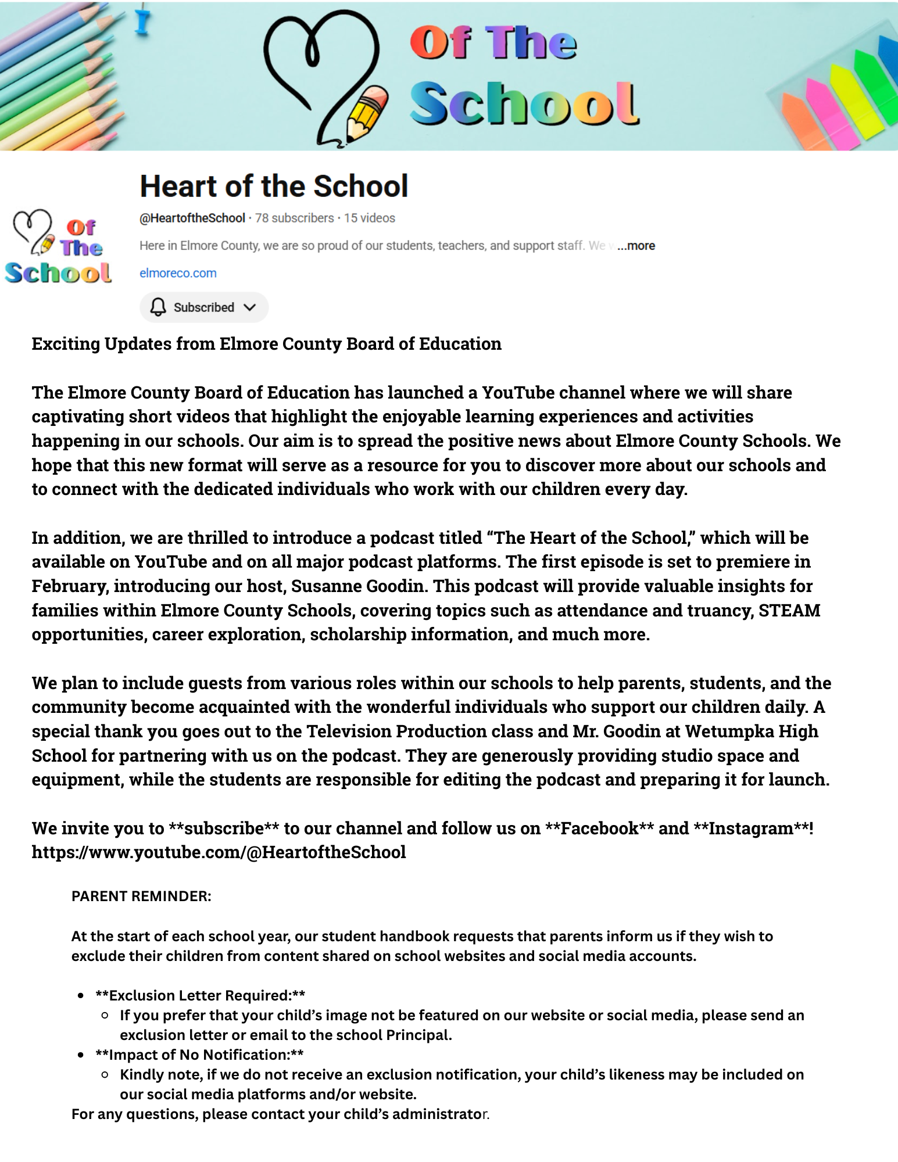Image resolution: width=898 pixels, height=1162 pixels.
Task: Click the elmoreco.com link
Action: (178, 273)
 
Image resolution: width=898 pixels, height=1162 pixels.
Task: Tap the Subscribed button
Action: (203, 307)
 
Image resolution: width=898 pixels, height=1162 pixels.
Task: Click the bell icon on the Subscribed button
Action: (158, 307)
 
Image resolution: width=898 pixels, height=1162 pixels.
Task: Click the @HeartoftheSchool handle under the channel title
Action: (192, 218)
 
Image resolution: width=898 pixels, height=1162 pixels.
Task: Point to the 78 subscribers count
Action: (294, 218)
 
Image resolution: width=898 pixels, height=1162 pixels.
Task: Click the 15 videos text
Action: (369, 218)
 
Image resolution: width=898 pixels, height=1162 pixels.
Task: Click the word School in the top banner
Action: (523, 103)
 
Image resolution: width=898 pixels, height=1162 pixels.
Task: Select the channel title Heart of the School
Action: (274, 186)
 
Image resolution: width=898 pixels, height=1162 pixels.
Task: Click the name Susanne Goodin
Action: (357, 586)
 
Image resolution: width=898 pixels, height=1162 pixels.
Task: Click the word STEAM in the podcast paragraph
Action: (789, 610)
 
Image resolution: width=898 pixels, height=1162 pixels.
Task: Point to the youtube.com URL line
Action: (219, 852)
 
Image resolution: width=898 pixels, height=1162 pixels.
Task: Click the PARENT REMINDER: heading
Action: (141, 896)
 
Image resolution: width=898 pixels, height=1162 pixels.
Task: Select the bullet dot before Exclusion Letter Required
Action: (81, 995)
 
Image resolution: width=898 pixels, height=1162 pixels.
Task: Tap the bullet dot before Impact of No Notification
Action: (81, 1055)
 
